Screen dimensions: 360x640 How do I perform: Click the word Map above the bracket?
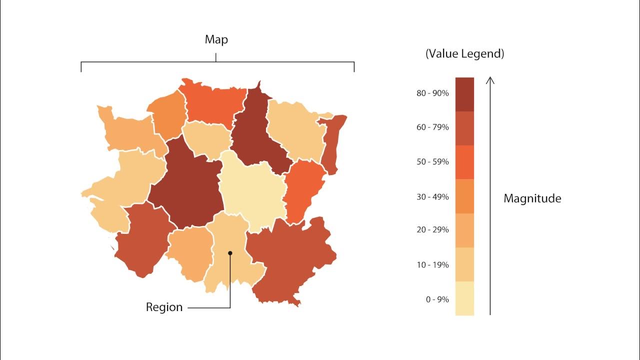click(x=216, y=39)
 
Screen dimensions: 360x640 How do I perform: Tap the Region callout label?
click(x=164, y=307)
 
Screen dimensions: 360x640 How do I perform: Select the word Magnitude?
click(x=532, y=198)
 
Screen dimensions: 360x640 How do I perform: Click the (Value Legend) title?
click(x=464, y=54)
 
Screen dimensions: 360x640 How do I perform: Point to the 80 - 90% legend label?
click(x=432, y=93)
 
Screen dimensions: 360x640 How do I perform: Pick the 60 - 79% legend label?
click(x=432, y=127)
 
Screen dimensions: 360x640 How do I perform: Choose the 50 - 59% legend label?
click(x=432, y=162)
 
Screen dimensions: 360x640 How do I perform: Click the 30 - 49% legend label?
click(x=432, y=196)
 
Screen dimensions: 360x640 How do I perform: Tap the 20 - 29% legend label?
click(x=432, y=230)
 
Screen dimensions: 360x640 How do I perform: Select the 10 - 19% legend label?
click(x=432, y=264)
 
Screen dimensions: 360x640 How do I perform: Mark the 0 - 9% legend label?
click(x=437, y=299)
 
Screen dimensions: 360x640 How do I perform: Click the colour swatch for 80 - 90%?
click(x=464, y=94)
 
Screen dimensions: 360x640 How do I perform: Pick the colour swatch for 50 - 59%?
click(x=464, y=162)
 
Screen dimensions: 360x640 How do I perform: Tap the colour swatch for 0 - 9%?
click(x=464, y=298)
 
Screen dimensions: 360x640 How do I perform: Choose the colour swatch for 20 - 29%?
click(x=464, y=230)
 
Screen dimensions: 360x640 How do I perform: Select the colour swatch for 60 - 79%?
click(x=464, y=128)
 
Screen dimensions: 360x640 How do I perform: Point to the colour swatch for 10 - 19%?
click(x=464, y=264)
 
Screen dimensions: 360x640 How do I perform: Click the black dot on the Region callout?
click(x=230, y=253)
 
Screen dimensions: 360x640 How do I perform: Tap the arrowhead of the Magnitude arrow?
click(x=490, y=79)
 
